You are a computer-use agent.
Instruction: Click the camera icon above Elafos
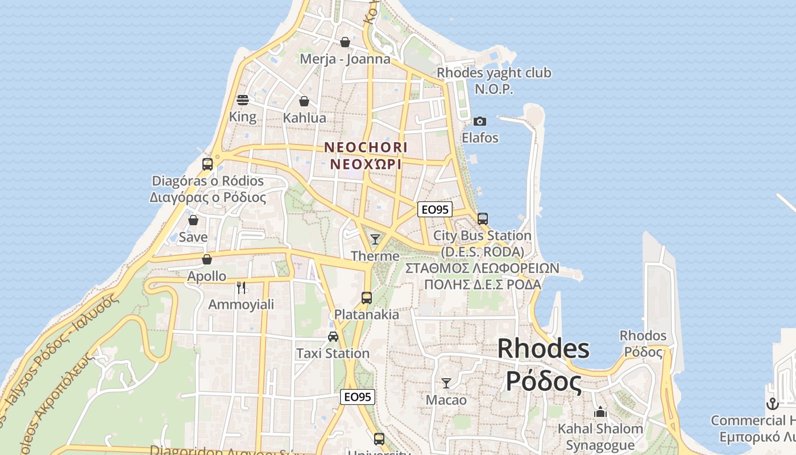point(480,121)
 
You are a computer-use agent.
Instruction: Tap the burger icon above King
point(243,101)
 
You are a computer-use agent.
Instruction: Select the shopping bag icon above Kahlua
point(304,102)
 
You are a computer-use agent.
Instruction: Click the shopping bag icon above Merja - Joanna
point(345,42)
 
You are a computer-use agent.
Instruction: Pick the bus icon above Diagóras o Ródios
point(208,164)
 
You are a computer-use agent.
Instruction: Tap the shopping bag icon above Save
point(193,220)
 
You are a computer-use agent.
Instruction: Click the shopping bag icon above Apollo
point(207,259)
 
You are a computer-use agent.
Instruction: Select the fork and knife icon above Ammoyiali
point(241,288)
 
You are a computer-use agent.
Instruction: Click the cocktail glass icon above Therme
point(375,239)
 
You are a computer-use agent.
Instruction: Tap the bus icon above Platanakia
point(367,297)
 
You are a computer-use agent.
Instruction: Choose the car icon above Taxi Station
point(333,337)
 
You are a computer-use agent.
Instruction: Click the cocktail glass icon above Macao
point(446,383)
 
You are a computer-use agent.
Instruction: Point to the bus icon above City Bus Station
point(483,218)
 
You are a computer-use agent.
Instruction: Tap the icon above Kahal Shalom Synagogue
point(600,412)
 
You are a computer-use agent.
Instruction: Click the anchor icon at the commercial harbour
point(772,404)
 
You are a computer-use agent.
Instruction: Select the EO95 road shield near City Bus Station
point(434,209)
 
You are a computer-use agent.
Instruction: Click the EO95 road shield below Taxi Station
point(358,397)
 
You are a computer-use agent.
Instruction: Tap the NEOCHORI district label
point(366,147)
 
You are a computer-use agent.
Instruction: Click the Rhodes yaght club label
point(494,73)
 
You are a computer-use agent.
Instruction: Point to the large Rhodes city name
point(543,349)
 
